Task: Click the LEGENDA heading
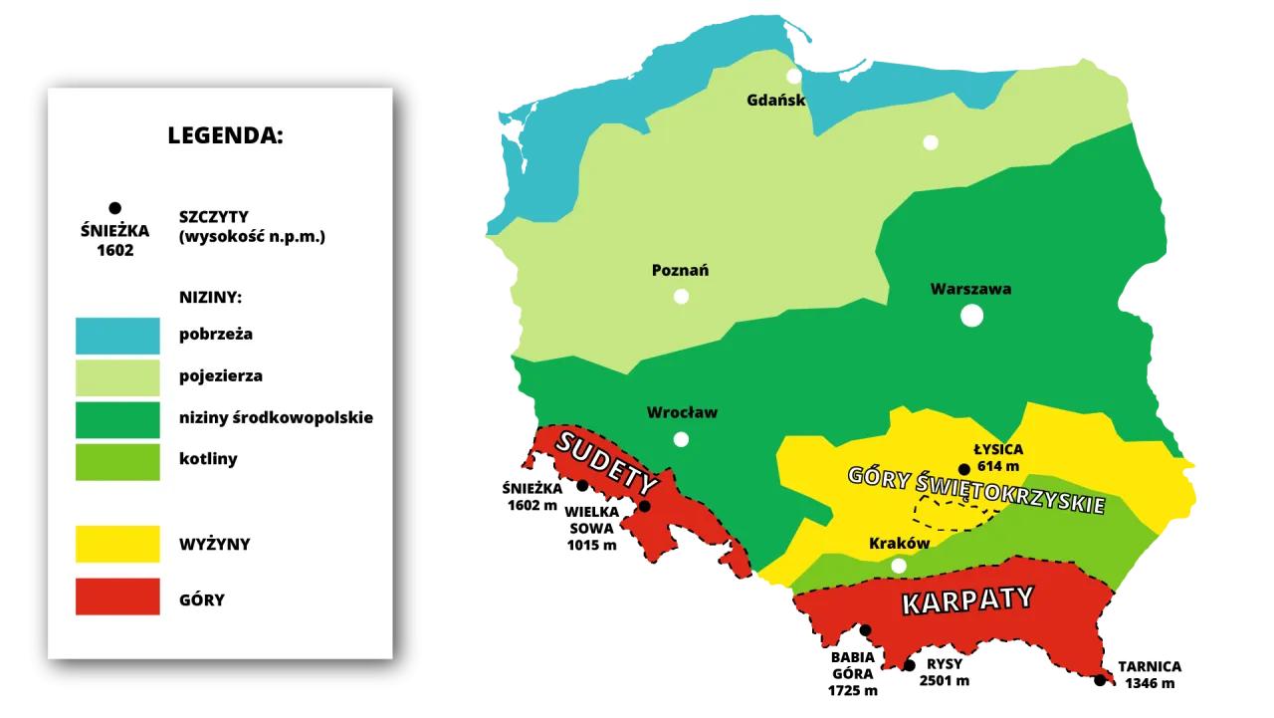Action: click(x=225, y=136)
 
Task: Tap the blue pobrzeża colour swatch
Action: click(x=117, y=336)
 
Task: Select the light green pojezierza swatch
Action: click(x=117, y=377)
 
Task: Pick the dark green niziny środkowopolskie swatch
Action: click(x=117, y=419)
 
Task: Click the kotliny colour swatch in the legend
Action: click(x=117, y=461)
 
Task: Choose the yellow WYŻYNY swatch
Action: click(x=117, y=544)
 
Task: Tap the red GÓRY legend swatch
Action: click(x=117, y=597)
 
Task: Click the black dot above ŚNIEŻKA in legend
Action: click(x=114, y=208)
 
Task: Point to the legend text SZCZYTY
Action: click(x=214, y=217)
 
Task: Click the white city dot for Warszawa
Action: click(x=971, y=316)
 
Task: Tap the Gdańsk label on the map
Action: click(x=775, y=100)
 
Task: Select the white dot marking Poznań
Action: click(x=681, y=296)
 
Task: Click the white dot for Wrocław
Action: click(x=681, y=439)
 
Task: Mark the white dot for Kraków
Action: click(x=899, y=566)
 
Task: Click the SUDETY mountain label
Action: click(x=607, y=463)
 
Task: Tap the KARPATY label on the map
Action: click(x=967, y=600)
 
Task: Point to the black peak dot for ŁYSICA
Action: click(x=963, y=469)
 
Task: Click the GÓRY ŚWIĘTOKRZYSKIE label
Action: click(x=975, y=490)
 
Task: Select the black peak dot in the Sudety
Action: click(x=644, y=507)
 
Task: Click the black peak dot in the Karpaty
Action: click(x=865, y=629)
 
